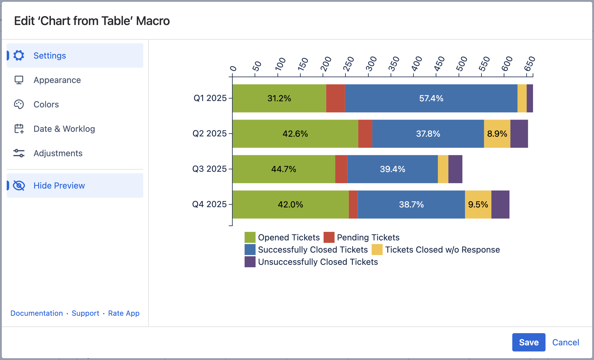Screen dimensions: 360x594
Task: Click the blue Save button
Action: click(x=528, y=342)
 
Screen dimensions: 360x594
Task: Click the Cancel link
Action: click(x=565, y=342)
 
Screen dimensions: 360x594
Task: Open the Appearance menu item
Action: click(x=57, y=80)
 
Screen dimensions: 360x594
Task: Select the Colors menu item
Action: click(x=46, y=104)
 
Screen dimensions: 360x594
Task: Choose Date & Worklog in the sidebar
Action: click(x=64, y=129)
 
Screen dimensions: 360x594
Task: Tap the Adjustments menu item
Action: click(x=58, y=153)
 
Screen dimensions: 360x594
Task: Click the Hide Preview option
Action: click(x=59, y=185)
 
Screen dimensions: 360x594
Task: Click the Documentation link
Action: click(x=37, y=313)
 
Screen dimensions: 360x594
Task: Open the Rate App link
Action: click(x=123, y=313)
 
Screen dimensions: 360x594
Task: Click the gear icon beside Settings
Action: click(x=19, y=56)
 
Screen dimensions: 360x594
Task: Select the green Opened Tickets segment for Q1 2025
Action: click(x=279, y=98)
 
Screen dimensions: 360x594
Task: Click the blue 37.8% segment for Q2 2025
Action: click(x=428, y=134)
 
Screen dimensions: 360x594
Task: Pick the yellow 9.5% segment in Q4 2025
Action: click(x=478, y=204)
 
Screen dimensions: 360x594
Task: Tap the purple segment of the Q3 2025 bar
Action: click(x=455, y=169)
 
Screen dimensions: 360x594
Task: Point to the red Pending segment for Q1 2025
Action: click(x=335, y=98)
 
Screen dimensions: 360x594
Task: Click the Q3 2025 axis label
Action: click(x=209, y=169)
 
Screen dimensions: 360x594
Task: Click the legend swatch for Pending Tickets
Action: click(x=329, y=237)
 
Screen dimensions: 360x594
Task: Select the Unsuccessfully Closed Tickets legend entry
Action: click(x=318, y=262)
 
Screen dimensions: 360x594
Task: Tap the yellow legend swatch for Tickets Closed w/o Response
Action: click(x=377, y=250)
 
